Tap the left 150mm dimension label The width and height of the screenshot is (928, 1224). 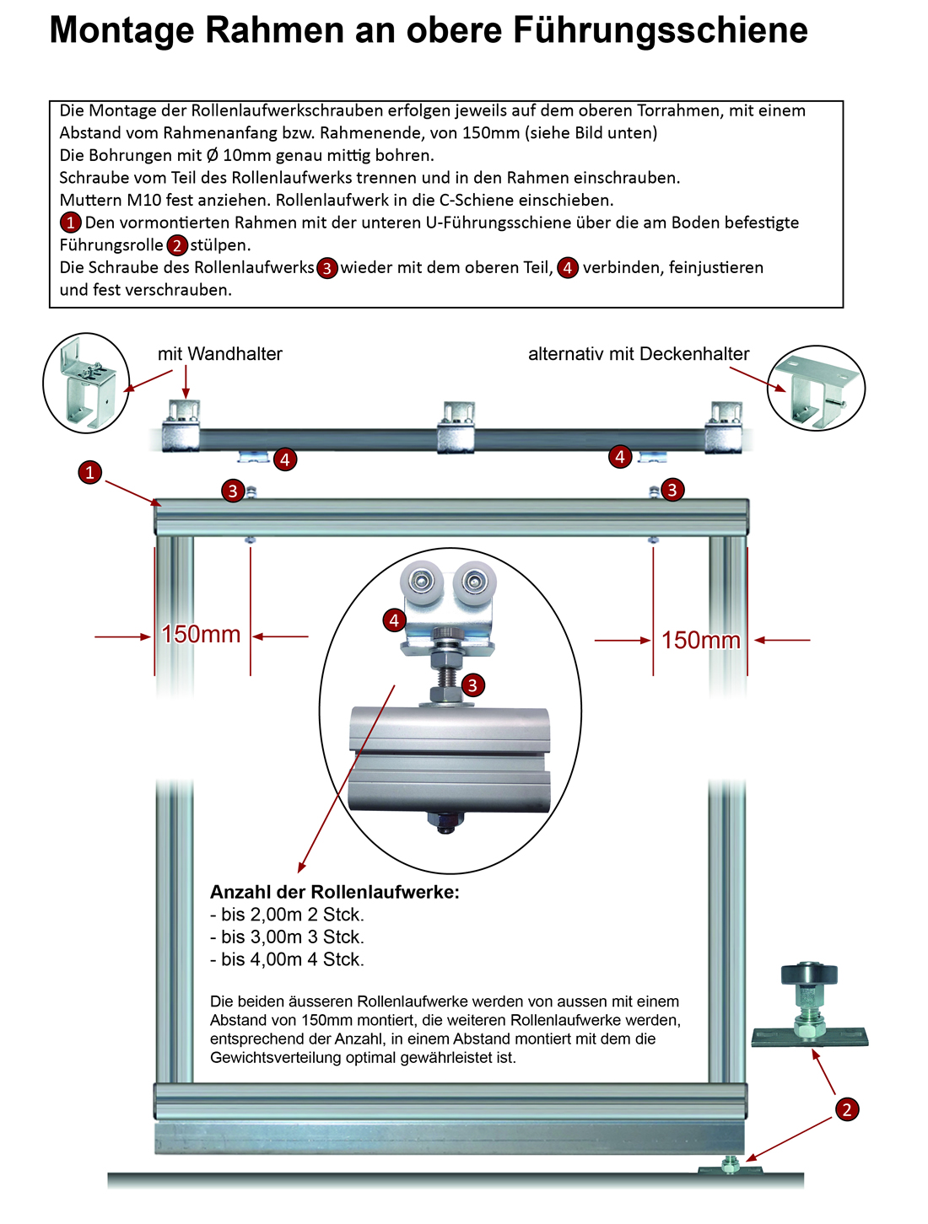[201, 635]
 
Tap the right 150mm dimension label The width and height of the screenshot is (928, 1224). [700, 641]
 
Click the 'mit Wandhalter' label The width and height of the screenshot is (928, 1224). [219, 354]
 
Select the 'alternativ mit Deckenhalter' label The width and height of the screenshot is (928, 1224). [639, 354]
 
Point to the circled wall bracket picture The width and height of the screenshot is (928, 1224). [86, 383]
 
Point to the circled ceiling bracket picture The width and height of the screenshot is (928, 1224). [816, 388]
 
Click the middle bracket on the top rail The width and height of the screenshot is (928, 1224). [456, 428]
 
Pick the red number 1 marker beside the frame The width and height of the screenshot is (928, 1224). [90, 473]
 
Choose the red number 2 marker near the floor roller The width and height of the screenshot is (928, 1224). [847, 1109]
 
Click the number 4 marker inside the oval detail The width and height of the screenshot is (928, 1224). [394, 621]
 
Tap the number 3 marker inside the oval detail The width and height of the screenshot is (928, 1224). [472, 685]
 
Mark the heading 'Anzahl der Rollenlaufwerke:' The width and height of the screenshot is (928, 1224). [335, 892]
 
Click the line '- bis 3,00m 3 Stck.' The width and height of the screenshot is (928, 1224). [287, 937]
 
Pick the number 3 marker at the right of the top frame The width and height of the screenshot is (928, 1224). [672, 489]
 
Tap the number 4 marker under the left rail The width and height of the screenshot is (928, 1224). [285, 459]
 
